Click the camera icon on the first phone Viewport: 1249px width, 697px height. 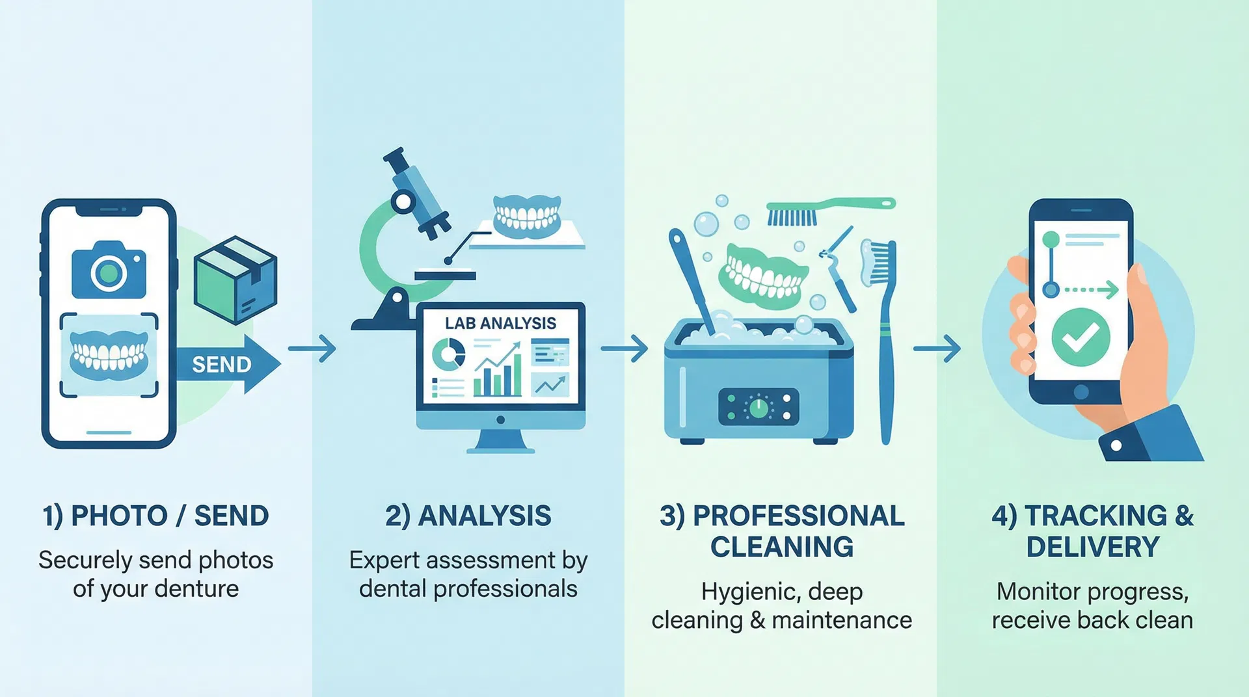click(109, 270)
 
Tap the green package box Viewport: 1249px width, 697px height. click(235, 280)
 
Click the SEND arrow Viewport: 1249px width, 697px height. click(228, 363)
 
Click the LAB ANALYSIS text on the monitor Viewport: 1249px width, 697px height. click(500, 323)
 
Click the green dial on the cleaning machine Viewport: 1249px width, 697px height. click(759, 408)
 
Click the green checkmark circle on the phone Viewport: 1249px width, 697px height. click(1081, 337)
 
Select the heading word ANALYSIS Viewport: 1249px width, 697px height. click(485, 516)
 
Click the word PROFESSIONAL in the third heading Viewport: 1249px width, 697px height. click(799, 516)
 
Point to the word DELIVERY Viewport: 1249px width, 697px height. click(1093, 547)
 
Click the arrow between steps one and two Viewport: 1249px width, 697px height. click(312, 349)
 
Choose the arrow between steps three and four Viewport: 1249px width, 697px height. click(937, 349)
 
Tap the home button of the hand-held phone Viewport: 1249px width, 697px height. click(1081, 392)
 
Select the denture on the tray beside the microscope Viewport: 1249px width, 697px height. click(527, 215)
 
